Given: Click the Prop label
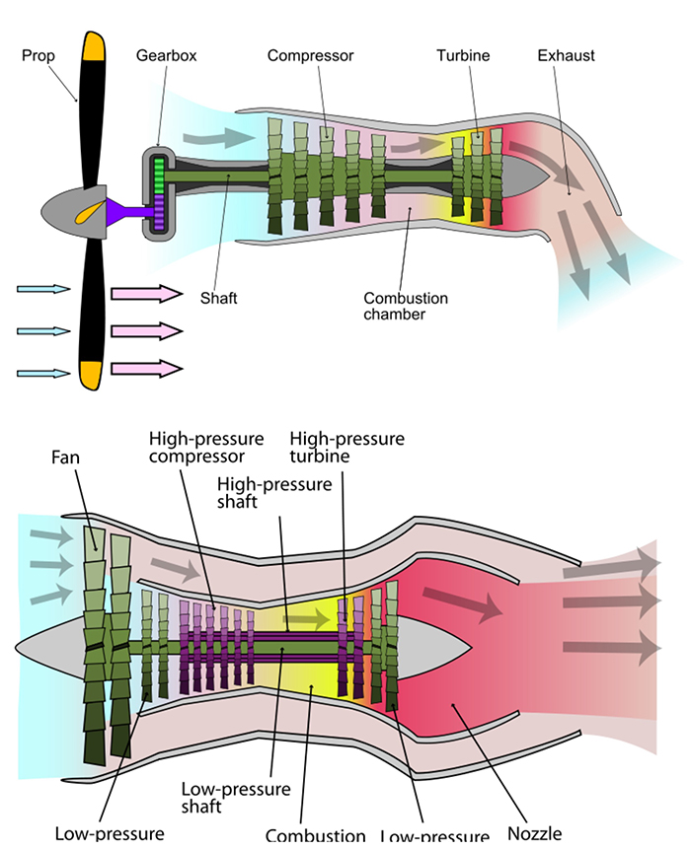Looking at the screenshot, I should pyautogui.click(x=38, y=55).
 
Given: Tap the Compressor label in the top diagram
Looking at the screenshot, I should pyautogui.click(x=310, y=55).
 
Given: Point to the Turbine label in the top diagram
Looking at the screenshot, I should pyautogui.click(x=463, y=55).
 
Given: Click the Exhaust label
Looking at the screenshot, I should pyautogui.click(x=566, y=55).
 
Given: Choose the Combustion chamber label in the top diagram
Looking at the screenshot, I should pyautogui.click(x=405, y=306).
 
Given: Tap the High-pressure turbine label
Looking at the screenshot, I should pyautogui.click(x=346, y=446).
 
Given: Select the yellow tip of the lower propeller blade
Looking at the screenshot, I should pyautogui.click(x=92, y=374).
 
